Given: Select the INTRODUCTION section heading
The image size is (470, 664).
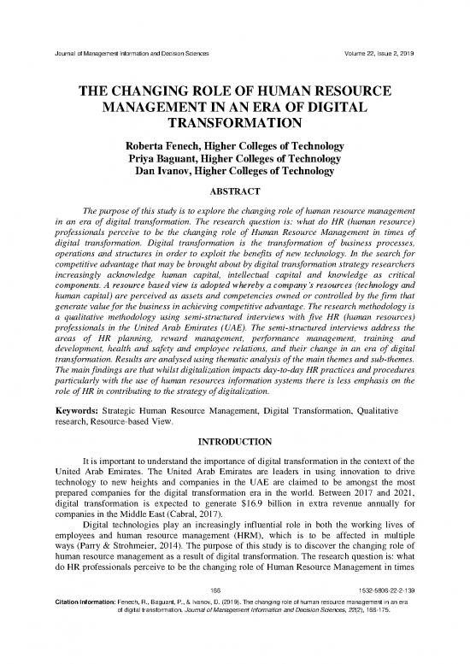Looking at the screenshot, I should click(234, 444).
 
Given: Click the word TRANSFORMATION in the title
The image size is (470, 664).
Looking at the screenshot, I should click(234, 124).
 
